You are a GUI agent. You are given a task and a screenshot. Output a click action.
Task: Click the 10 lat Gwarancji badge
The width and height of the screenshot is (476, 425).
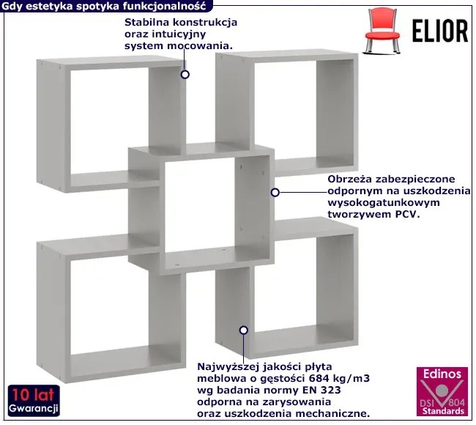click(34, 398)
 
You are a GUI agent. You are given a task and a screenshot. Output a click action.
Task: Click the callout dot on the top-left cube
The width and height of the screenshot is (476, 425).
click(185, 74)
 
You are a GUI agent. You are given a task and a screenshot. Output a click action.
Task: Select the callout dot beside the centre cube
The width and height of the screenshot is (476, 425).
click(275, 192)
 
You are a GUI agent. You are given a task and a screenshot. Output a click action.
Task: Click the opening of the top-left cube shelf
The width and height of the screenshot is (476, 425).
click(110, 121)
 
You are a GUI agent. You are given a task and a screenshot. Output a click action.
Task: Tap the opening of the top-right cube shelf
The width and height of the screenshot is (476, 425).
click(282, 110)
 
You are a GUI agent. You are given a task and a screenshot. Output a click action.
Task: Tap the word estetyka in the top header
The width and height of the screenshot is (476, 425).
click(47, 6)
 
